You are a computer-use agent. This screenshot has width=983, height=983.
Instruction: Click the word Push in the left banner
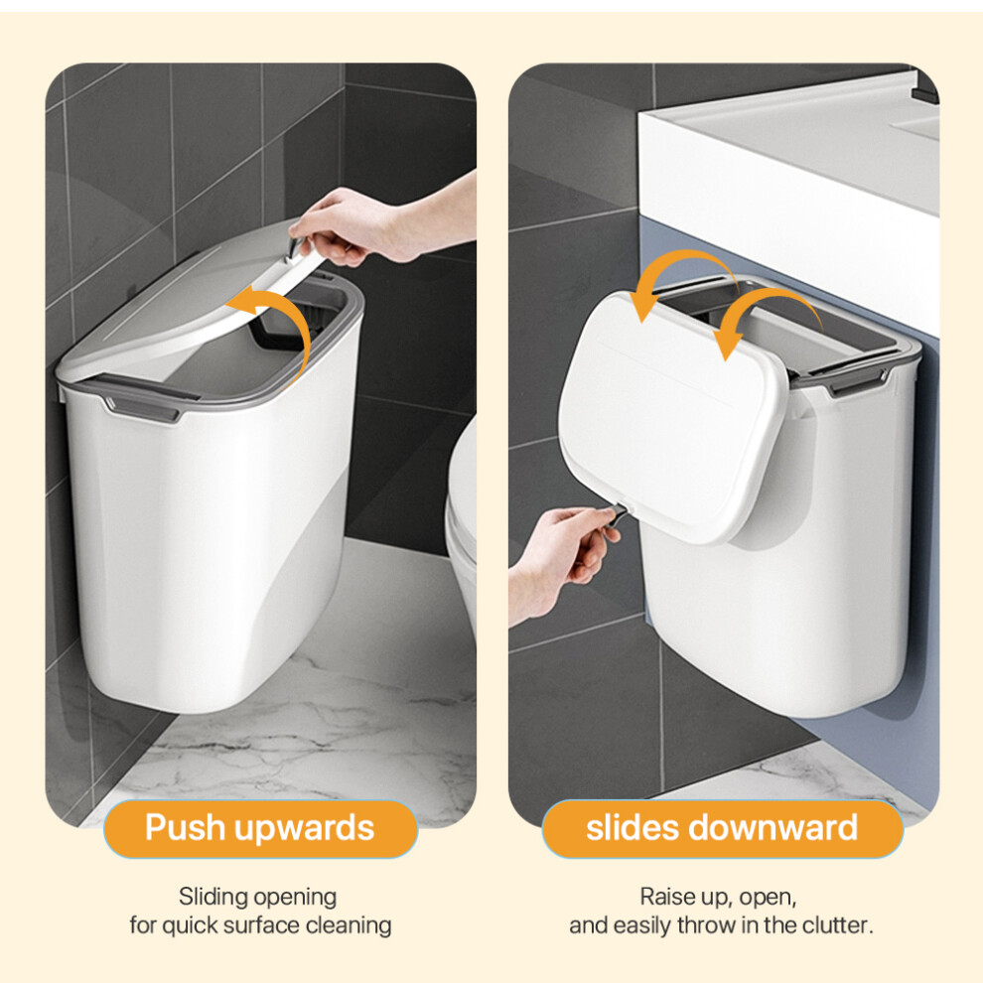tap(186, 827)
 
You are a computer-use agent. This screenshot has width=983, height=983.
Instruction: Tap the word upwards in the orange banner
tap(305, 829)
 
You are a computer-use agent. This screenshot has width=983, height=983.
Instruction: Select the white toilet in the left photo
tap(462, 519)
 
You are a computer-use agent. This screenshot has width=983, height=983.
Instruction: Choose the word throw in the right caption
tap(706, 925)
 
